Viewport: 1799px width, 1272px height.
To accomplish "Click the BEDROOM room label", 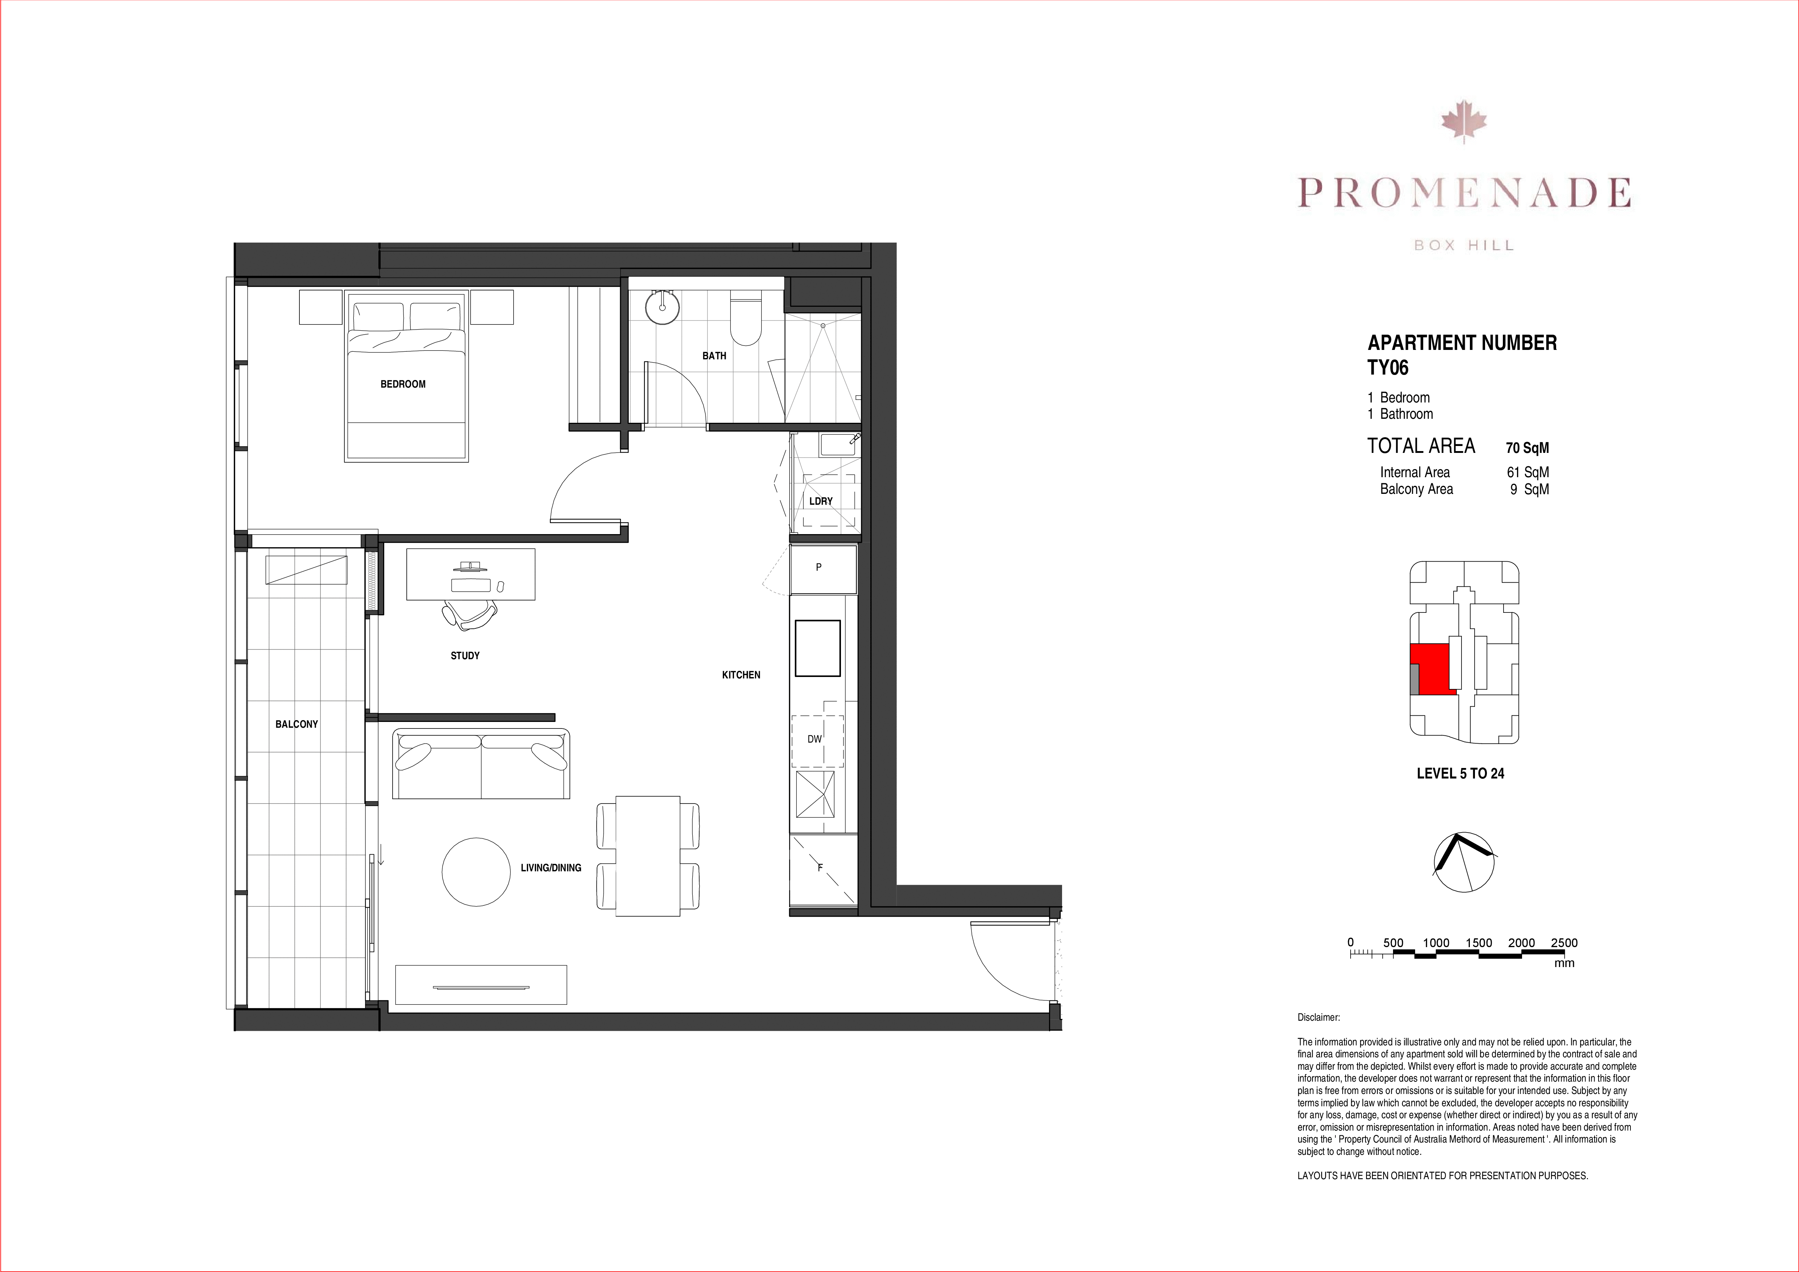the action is tap(403, 384).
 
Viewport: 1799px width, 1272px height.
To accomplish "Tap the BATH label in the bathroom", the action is tap(714, 356).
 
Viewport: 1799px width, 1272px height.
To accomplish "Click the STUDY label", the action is tap(465, 655).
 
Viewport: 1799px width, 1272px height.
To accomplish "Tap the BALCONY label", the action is tap(296, 724).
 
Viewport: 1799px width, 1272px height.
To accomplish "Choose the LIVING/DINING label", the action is tap(551, 868).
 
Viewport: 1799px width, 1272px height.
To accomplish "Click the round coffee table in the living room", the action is tap(476, 872).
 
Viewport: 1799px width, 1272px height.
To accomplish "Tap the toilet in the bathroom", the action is tap(745, 319).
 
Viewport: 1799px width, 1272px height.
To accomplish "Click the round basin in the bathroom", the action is tap(663, 306).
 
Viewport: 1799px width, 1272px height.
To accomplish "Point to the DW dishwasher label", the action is tap(815, 739).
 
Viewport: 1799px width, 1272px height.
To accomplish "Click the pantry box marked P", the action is tap(823, 569).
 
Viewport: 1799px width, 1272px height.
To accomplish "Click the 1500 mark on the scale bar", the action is tap(1479, 943).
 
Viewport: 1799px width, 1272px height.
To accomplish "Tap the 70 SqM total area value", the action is tap(1527, 448).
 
